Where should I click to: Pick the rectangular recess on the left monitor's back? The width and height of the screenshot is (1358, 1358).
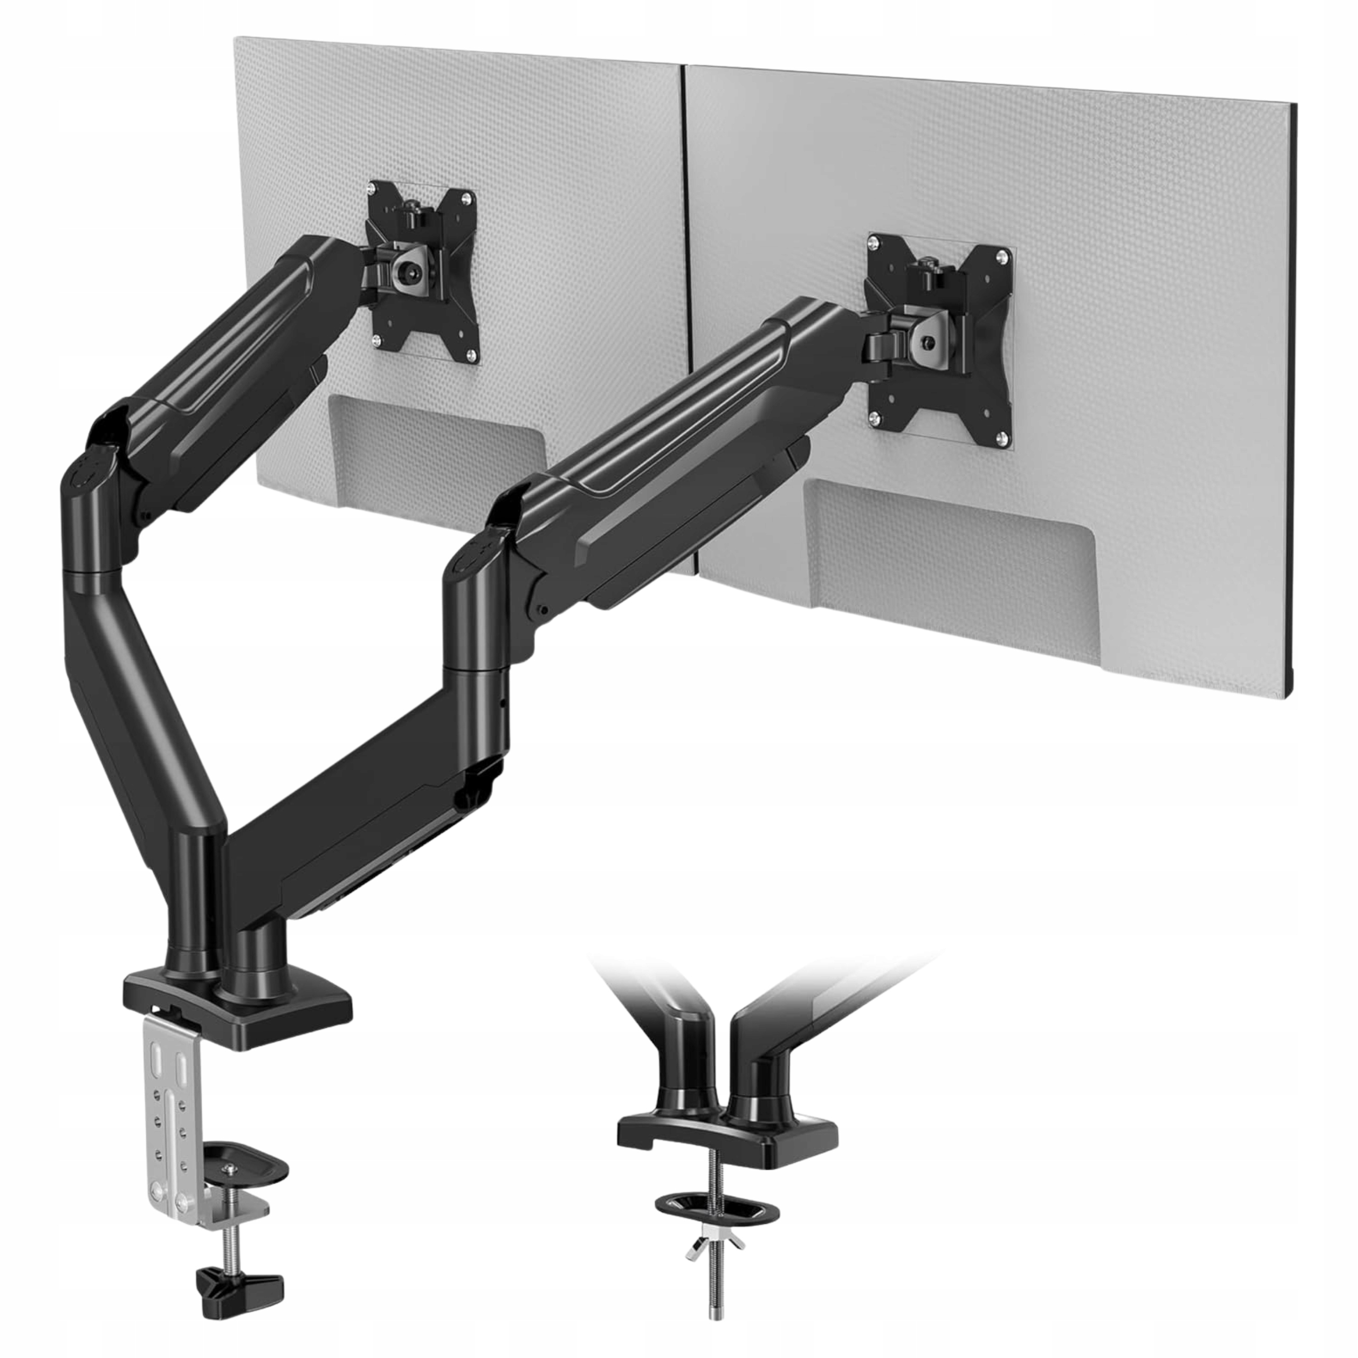[436, 450]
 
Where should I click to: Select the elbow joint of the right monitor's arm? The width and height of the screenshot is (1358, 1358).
[478, 555]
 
